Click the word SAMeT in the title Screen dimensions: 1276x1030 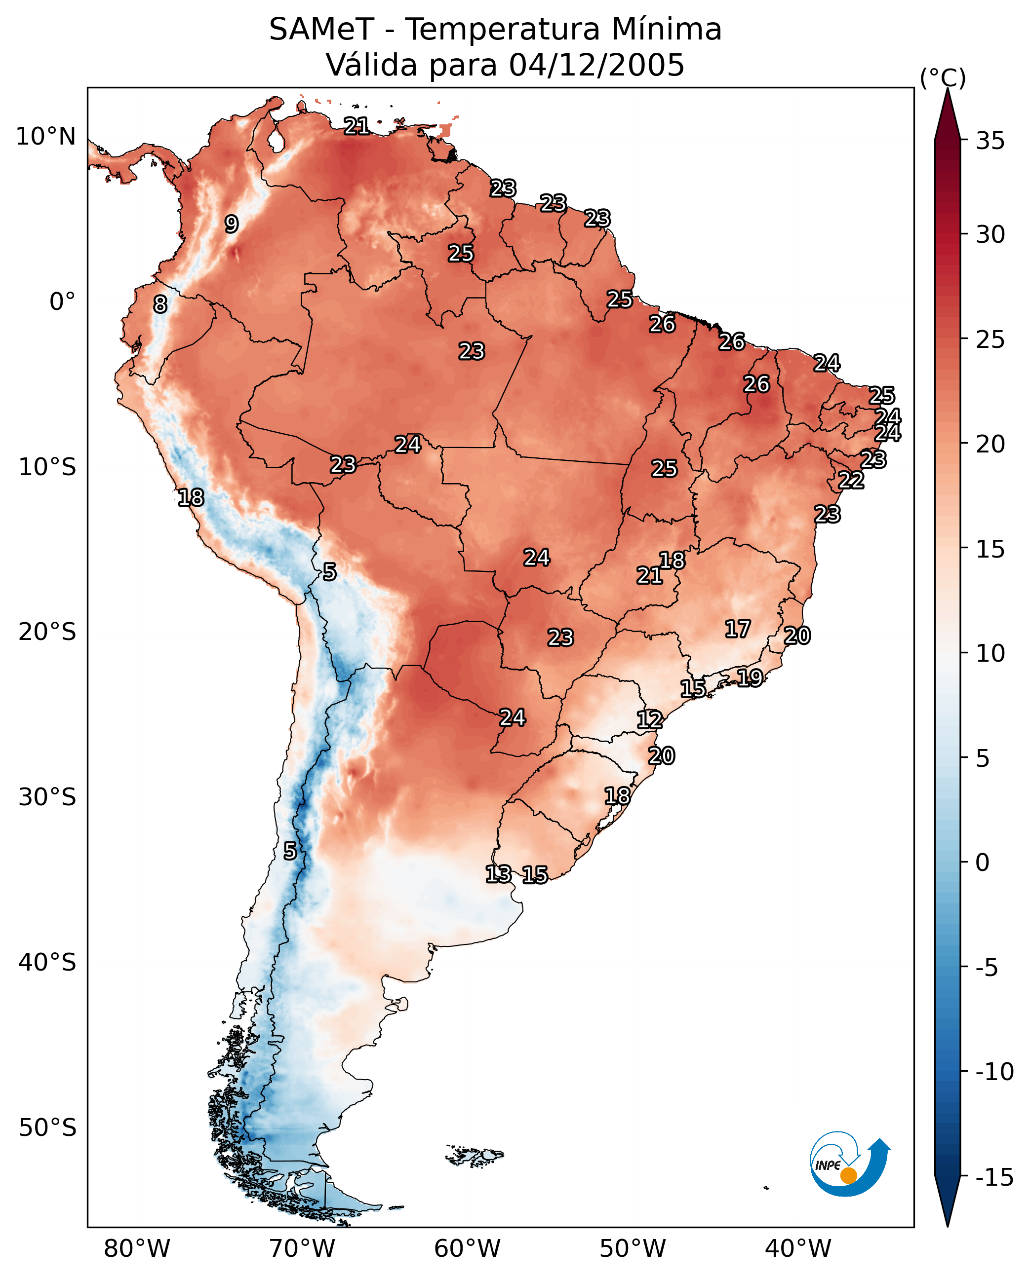click(321, 30)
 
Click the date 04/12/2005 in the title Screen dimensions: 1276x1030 click(596, 65)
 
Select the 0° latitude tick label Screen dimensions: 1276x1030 click(62, 302)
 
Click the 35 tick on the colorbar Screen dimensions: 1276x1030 click(990, 141)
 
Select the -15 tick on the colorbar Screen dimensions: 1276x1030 click(994, 1178)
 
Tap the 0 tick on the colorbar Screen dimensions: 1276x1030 click(983, 863)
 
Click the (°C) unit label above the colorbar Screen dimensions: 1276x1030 click(943, 77)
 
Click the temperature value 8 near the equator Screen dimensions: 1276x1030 click(160, 305)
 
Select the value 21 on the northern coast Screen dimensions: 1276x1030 click(357, 126)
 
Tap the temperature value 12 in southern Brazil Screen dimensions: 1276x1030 click(650, 720)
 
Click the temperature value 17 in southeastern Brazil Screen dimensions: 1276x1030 click(738, 629)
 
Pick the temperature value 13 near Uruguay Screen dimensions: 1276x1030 click(498, 874)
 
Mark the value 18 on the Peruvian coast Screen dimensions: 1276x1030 click(191, 497)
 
